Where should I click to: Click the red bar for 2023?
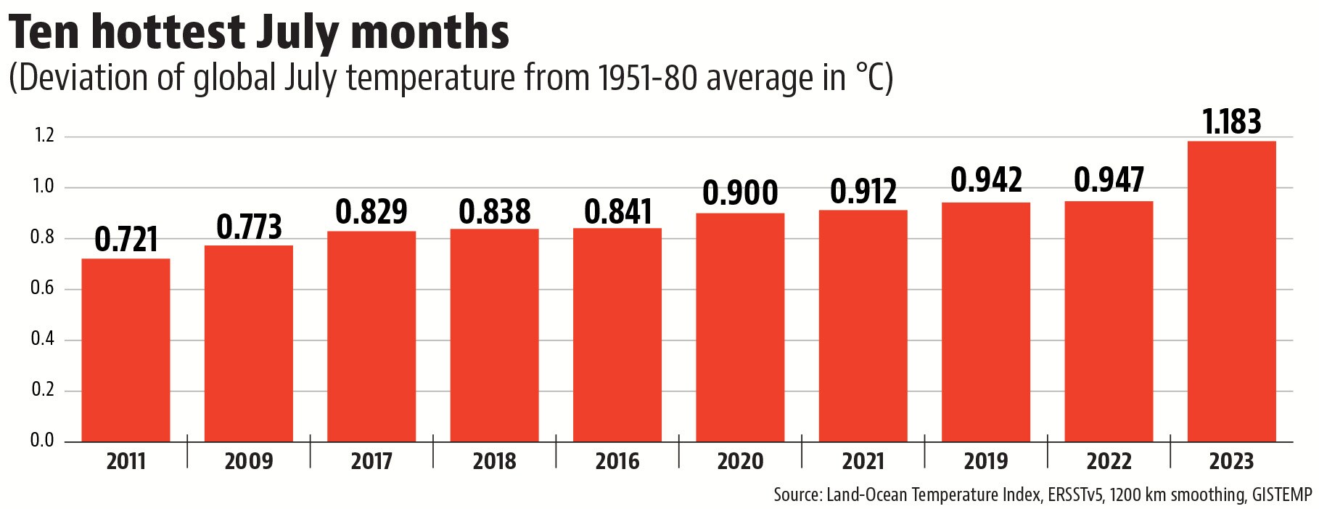point(1231,291)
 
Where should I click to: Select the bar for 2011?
point(126,350)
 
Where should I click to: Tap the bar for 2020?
point(740,327)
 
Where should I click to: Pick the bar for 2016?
point(617,335)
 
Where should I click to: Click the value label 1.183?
point(1231,122)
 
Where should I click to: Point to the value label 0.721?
point(126,240)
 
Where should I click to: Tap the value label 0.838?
point(495,211)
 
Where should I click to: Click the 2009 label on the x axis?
point(249,462)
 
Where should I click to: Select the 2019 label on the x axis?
point(986,462)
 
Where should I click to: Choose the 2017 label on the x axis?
point(371,462)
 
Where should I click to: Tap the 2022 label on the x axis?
point(1109,462)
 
